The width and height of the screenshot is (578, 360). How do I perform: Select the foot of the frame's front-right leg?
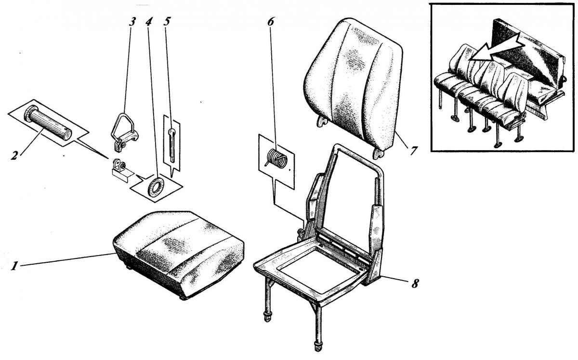pyautogui.click(x=317, y=346)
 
